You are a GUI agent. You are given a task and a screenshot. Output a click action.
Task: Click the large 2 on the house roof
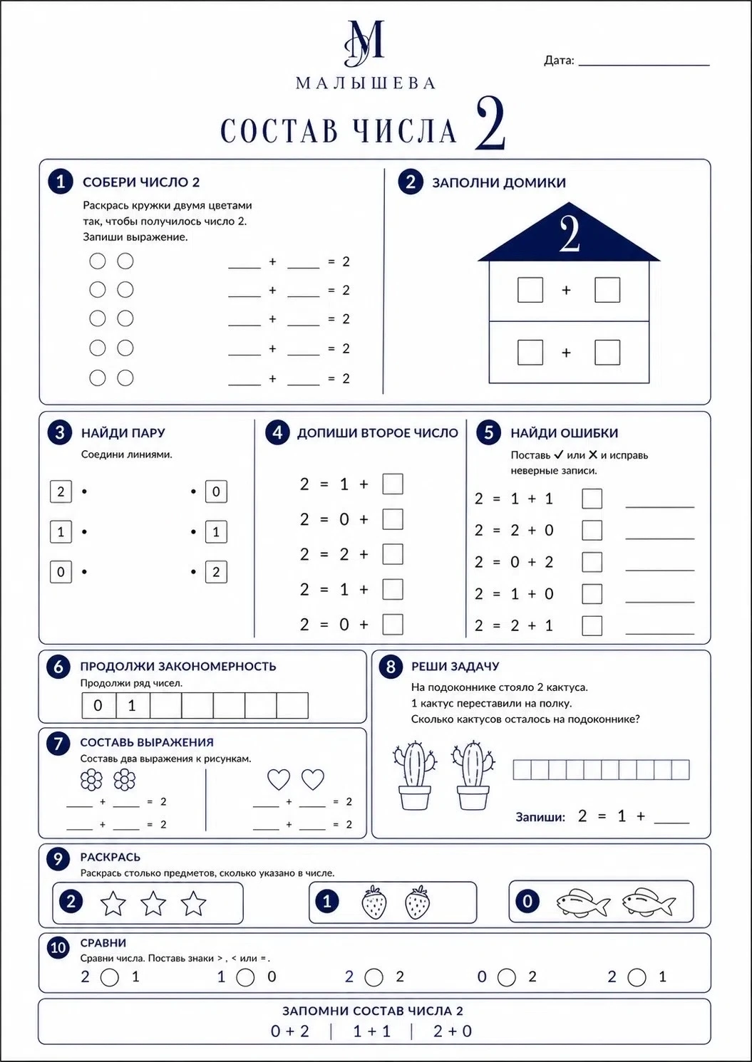(570, 234)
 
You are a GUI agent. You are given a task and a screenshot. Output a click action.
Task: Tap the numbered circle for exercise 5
(489, 432)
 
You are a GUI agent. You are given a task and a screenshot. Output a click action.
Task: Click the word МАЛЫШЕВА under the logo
(366, 83)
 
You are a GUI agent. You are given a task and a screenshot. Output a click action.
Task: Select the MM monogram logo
(364, 43)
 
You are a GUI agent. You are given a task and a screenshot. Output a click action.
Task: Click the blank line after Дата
(644, 65)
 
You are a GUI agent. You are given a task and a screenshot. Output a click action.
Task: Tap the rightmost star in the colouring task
(194, 903)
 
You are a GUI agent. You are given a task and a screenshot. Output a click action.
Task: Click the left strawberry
(374, 902)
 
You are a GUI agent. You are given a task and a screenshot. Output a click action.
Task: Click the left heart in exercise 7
(279, 779)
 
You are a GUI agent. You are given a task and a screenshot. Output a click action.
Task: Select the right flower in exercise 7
(124, 779)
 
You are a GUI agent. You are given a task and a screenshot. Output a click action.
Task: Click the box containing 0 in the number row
(98, 705)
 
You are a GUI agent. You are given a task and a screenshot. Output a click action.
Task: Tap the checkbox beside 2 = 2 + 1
(592, 626)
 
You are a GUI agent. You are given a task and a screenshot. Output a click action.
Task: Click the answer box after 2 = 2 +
(393, 554)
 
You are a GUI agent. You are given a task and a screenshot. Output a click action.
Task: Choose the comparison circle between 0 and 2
(507, 978)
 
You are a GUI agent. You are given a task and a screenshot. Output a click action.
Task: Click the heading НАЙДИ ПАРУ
(123, 433)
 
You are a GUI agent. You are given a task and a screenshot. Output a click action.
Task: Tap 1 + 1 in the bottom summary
(372, 1031)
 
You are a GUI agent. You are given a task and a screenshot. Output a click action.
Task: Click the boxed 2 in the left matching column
(61, 491)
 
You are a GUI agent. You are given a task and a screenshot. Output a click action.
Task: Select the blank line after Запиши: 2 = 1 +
(671, 823)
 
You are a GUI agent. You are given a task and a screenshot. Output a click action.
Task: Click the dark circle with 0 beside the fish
(527, 901)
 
